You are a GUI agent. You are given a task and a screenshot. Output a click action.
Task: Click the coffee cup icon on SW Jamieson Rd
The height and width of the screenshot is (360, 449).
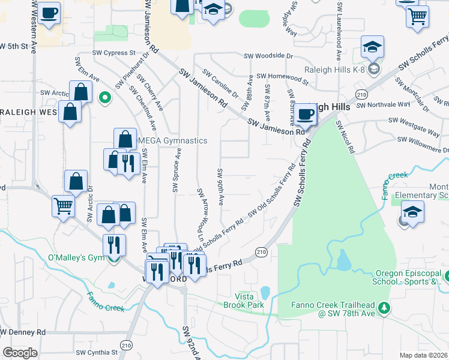point(306,114)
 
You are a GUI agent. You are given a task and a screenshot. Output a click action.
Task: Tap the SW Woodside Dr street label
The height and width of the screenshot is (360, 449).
point(268,56)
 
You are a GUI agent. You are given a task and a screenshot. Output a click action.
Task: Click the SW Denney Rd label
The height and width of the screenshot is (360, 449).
point(23,332)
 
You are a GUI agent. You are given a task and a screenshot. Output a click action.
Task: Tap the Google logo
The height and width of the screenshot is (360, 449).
point(20,353)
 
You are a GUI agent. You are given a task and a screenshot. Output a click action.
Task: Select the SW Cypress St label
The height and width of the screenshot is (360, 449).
point(115,53)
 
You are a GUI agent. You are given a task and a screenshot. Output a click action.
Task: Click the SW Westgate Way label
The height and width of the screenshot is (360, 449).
point(414,120)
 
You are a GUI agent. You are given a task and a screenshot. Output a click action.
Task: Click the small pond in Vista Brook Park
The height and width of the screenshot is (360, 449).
point(265,292)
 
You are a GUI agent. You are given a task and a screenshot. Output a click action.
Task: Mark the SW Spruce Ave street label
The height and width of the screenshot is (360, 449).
point(176,171)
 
